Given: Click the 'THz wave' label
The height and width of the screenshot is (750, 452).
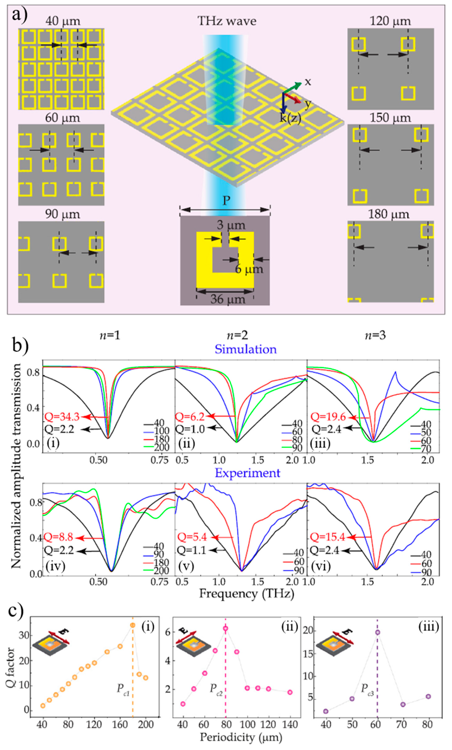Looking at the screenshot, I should click(x=227, y=21).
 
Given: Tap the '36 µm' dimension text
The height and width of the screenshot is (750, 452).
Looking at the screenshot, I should click(x=228, y=299).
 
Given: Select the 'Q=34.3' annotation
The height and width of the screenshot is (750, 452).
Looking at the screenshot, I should click(x=62, y=416).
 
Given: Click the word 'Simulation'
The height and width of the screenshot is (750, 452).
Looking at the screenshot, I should click(x=246, y=349).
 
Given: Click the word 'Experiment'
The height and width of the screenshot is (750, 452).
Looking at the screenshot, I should click(x=247, y=473).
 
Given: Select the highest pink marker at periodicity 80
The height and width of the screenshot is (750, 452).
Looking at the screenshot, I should click(x=225, y=628).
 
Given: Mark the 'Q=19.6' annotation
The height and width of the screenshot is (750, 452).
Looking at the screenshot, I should click(x=328, y=417).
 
